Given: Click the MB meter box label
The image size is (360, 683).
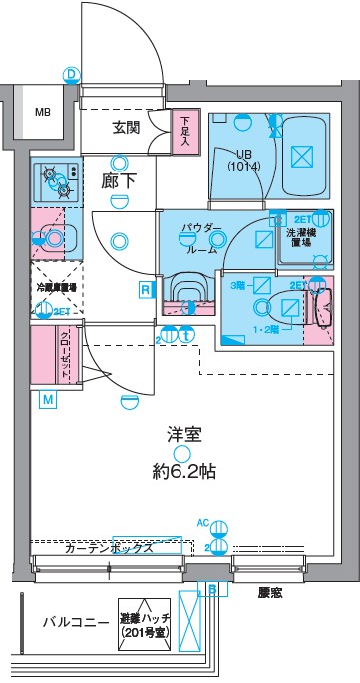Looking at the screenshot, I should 43,112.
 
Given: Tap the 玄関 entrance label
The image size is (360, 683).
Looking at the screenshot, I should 126,127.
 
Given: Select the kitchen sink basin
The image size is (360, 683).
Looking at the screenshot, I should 58,237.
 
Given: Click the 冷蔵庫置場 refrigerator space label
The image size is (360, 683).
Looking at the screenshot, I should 57,287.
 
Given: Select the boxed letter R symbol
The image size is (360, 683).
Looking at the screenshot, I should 146,290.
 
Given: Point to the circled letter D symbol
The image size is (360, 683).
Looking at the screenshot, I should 71,74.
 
